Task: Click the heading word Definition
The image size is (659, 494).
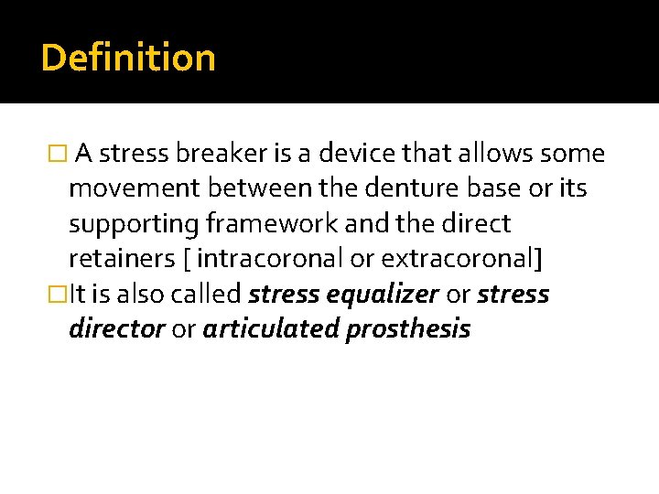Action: click(128, 58)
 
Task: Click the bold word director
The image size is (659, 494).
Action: click(117, 329)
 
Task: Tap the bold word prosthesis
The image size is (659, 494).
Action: click(408, 329)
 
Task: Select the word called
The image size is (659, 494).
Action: click(210, 295)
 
